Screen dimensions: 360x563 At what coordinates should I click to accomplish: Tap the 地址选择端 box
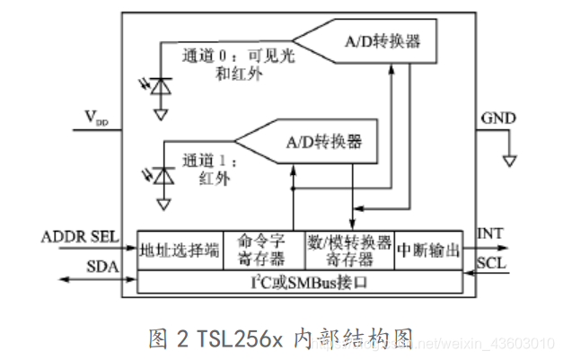(x=179, y=250)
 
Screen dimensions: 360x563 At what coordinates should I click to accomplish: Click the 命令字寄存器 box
(x=262, y=250)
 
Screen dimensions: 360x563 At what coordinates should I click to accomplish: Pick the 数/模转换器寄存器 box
(x=349, y=250)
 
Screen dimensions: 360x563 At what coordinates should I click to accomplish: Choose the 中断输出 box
(x=428, y=250)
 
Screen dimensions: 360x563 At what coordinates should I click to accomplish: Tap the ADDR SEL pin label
(x=79, y=238)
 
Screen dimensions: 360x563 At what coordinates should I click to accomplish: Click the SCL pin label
(x=492, y=267)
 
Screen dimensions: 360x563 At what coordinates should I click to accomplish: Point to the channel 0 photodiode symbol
(x=161, y=86)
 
